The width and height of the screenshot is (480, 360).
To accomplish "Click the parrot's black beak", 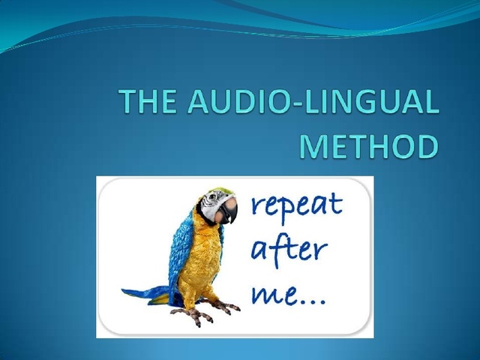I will (x=230, y=211).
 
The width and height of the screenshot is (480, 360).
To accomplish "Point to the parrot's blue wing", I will (x=180, y=247).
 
